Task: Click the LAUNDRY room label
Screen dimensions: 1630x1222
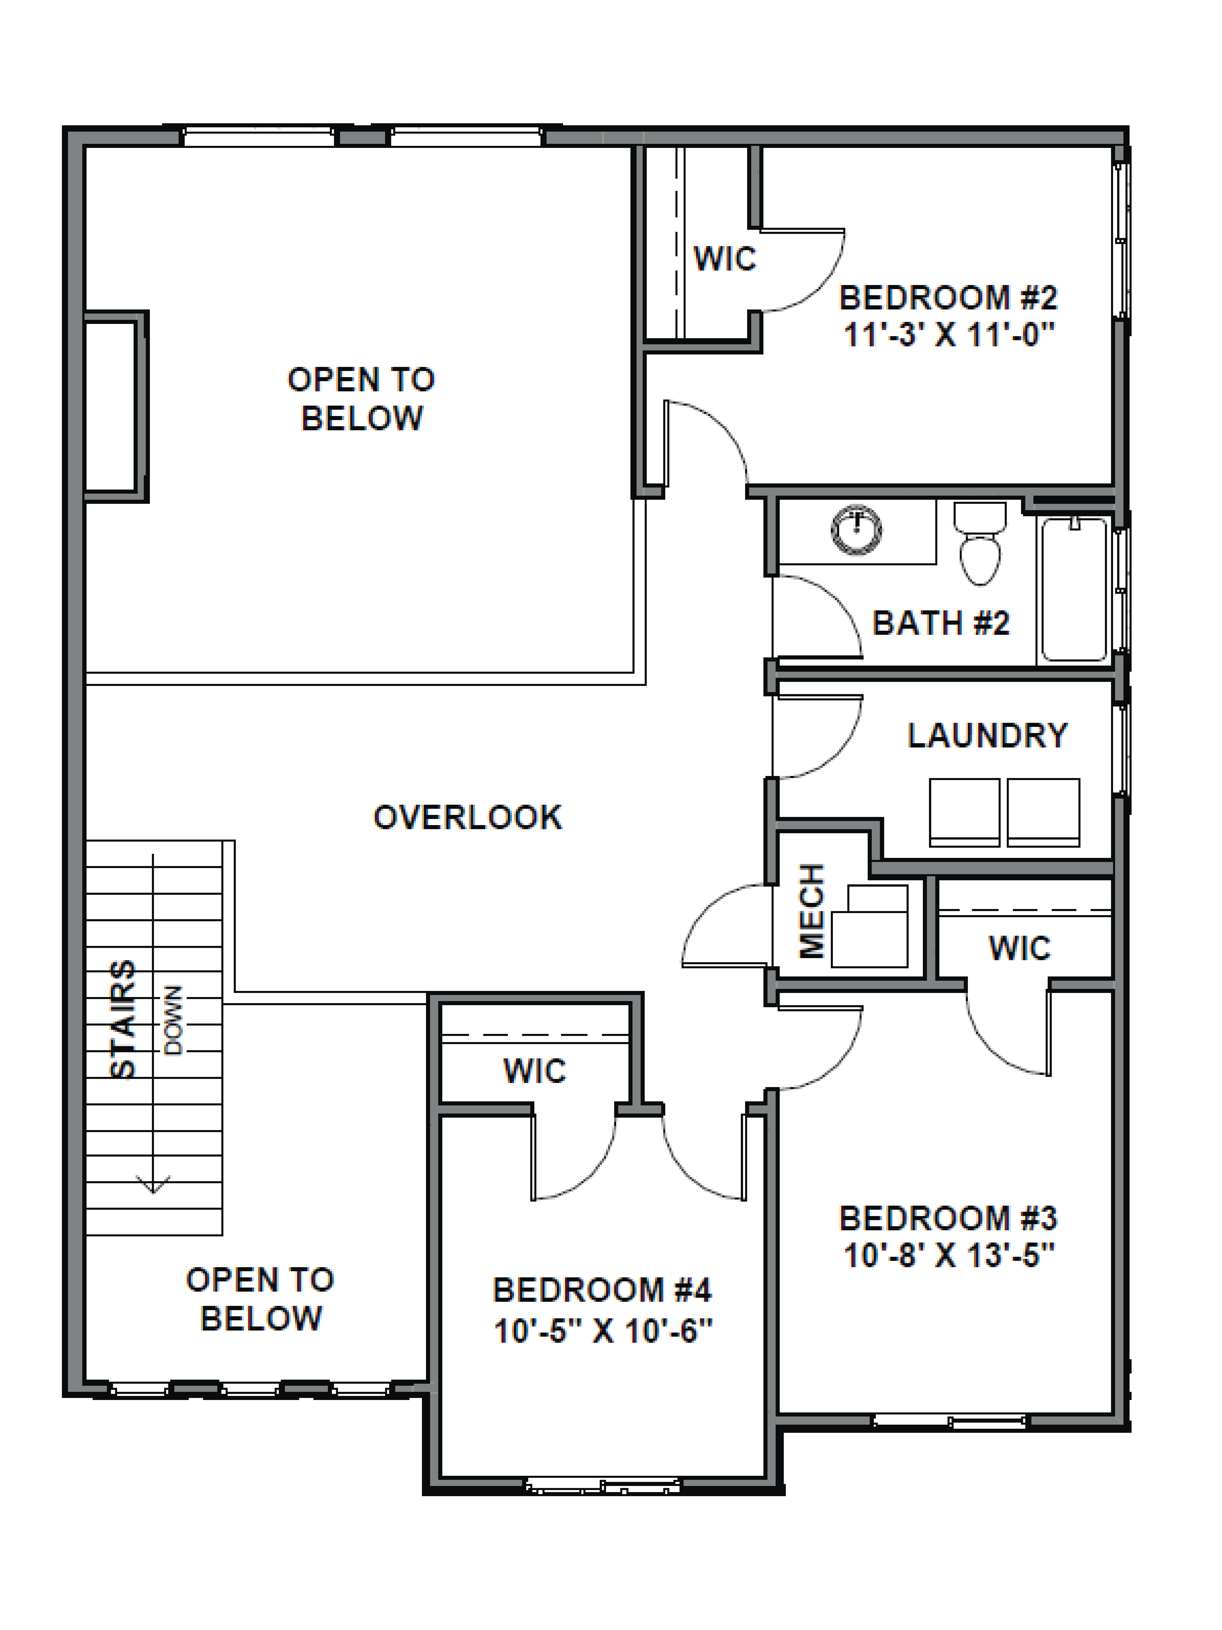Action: pyautogui.click(x=987, y=735)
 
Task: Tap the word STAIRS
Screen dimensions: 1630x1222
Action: pyautogui.click(x=123, y=1019)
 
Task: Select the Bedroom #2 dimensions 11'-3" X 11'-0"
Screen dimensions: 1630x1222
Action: pyautogui.click(x=949, y=335)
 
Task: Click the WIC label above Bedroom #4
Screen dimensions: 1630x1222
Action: pyautogui.click(x=535, y=1071)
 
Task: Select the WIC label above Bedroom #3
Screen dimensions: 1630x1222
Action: pyautogui.click(x=1019, y=948)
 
